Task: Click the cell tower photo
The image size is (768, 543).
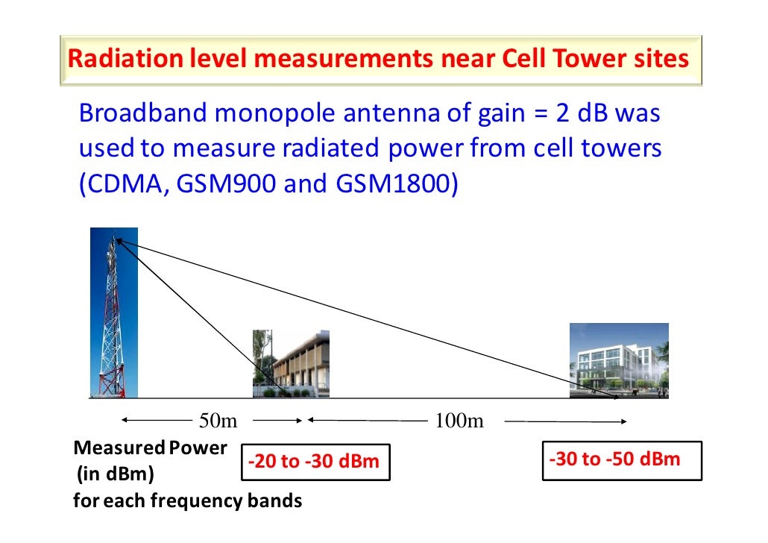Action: [113, 313]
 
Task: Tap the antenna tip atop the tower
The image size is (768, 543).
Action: [115, 239]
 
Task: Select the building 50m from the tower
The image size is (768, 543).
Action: [290, 363]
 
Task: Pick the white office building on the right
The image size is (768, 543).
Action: [618, 360]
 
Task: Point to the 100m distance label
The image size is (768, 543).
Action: [459, 421]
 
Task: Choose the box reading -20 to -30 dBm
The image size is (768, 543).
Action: [314, 462]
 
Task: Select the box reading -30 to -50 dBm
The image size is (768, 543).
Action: [621, 459]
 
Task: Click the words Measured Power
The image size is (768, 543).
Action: [150, 448]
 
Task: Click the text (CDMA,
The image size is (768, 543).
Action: [122, 183]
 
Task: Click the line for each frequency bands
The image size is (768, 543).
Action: [187, 500]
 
